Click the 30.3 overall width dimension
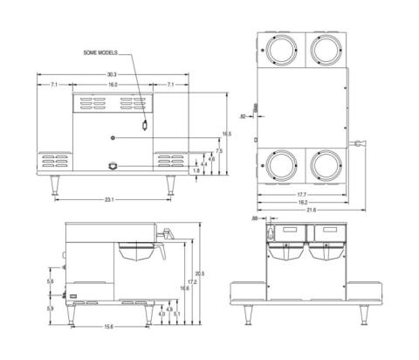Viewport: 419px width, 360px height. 112,75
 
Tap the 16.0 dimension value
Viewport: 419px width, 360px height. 113,85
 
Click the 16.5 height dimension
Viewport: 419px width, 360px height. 227,134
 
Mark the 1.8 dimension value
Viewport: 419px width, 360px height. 197,171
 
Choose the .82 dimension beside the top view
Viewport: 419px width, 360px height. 242,115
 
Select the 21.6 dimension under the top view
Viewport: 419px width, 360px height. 312,211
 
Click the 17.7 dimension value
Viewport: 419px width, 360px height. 300,194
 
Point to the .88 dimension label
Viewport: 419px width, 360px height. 254,218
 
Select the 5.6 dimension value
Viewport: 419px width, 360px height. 50,281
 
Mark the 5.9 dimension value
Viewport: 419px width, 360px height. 50,308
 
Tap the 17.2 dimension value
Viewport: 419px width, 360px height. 192,282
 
